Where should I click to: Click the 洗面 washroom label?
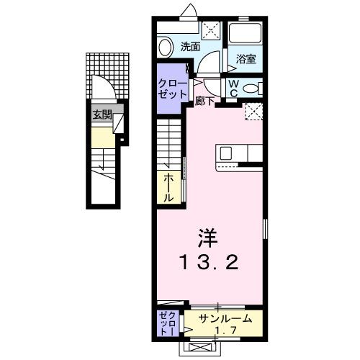tap(190, 48)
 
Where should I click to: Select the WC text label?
tap(235, 88)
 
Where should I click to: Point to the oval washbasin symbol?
tap(165, 48)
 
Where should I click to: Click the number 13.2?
tap(209, 261)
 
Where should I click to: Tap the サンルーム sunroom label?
tap(221, 318)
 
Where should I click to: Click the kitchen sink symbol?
tap(225, 153)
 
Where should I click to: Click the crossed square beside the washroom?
tap(212, 31)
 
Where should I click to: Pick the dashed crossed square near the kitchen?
tap(253, 111)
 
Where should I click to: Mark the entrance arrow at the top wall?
tap(189, 9)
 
